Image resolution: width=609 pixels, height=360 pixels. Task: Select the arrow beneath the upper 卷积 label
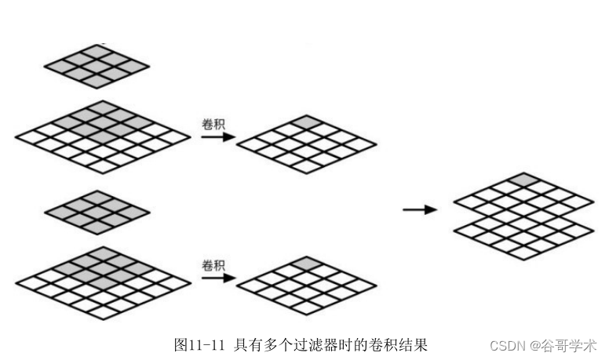[217, 136]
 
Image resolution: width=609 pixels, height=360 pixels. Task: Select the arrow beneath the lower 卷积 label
[217, 278]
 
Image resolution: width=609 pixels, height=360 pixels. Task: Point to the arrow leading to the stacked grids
[419, 209]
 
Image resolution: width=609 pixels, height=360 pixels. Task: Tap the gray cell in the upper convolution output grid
[308, 122]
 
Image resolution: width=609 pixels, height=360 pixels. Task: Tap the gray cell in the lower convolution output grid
[308, 264]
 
